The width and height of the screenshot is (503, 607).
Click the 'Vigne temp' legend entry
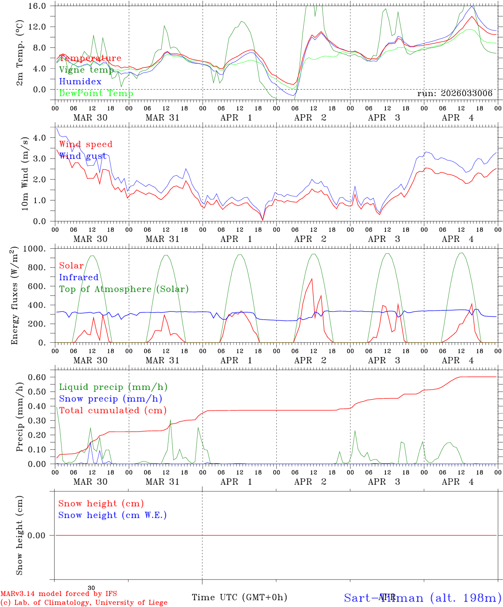[86, 70]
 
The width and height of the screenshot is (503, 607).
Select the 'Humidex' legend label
[80, 82]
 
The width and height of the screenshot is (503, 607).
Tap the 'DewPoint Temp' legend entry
[96, 94]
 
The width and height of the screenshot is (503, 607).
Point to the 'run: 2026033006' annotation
[455, 94]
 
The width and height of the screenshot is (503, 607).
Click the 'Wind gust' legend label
[83, 156]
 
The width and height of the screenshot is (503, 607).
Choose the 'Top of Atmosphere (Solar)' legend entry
[124, 289]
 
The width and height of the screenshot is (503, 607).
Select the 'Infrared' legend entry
[79, 277]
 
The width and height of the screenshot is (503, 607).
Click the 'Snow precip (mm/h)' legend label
[110, 399]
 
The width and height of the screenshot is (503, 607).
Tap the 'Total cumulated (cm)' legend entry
[112, 411]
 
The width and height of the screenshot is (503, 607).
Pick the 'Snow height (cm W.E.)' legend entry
[112, 515]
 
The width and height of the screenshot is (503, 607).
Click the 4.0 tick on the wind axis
[39, 138]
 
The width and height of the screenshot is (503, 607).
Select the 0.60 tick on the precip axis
[37, 377]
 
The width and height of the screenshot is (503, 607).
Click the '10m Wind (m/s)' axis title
[24, 174]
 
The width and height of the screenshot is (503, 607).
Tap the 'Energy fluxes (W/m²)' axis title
[15, 295]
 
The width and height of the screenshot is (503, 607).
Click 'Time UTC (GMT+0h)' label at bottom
[239, 597]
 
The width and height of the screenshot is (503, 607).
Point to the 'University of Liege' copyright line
[84, 603]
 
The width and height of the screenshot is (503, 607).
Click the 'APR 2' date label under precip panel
[310, 482]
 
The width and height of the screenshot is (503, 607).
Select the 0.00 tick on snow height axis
[37, 536]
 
